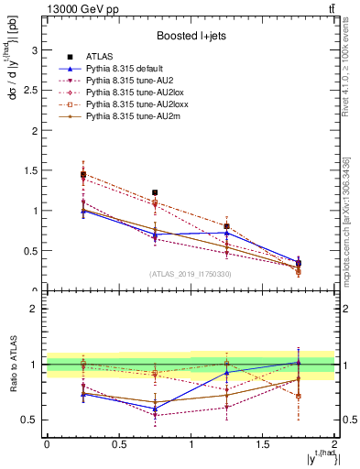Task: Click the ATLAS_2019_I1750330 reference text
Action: point(190,274)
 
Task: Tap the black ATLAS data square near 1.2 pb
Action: point(155,193)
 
